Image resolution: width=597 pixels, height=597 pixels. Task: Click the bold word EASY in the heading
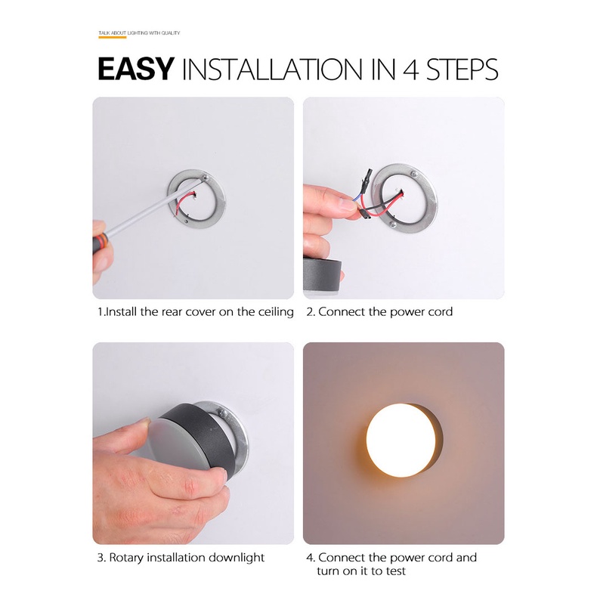click(x=136, y=69)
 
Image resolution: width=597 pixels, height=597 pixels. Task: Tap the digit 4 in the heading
click(x=410, y=69)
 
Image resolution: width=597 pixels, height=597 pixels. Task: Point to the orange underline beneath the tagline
click(x=113, y=37)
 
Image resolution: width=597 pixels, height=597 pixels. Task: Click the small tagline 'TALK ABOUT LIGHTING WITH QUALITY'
click(x=139, y=32)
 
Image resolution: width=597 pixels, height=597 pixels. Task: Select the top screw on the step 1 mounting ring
click(x=206, y=178)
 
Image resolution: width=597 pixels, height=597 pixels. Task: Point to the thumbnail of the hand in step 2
click(x=348, y=205)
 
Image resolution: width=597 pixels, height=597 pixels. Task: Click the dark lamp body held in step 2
click(x=322, y=276)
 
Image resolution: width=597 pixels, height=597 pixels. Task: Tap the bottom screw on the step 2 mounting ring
click(x=393, y=225)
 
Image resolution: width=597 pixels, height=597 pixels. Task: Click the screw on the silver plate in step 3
click(x=221, y=412)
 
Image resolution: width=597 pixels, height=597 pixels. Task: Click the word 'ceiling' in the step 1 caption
click(x=276, y=312)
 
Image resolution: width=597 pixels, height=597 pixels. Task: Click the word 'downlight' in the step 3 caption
click(x=236, y=558)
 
